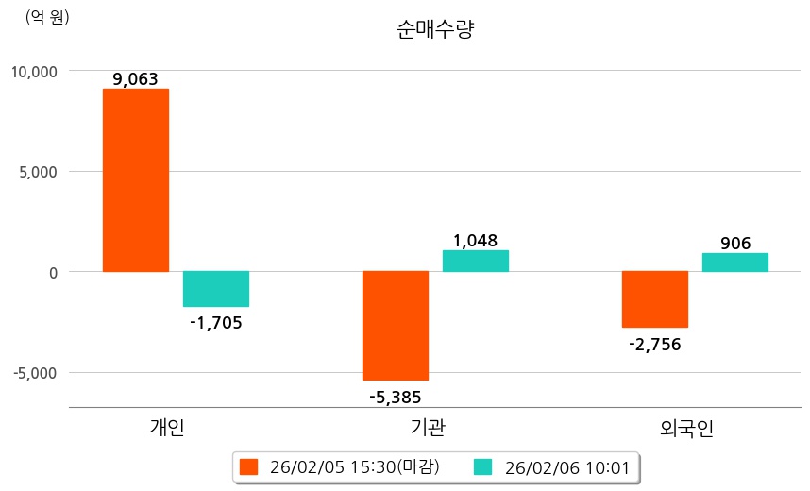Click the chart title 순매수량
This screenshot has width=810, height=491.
(435, 29)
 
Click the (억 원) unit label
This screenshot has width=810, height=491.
(47, 17)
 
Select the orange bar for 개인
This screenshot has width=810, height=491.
(136, 179)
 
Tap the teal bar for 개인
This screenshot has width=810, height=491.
(216, 289)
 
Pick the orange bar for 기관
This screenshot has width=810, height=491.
(396, 326)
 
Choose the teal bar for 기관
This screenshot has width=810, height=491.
(476, 261)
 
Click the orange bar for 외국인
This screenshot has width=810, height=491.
(655, 299)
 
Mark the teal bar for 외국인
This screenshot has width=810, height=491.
(735, 262)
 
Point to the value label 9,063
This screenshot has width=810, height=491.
(135, 79)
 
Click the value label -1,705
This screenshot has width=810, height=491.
(216, 323)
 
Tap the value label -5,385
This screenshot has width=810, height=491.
(396, 397)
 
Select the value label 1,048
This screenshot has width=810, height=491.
(475, 241)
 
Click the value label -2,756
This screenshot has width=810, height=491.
(654, 344)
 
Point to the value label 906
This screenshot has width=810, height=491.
(735, 244)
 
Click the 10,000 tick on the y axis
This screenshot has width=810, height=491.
(35, 71)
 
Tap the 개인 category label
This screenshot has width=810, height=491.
(168, 428)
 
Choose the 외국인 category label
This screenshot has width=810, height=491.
(687, 429)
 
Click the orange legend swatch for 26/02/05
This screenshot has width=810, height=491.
(249, 466)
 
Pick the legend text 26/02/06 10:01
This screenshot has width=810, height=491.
(567, 466)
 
